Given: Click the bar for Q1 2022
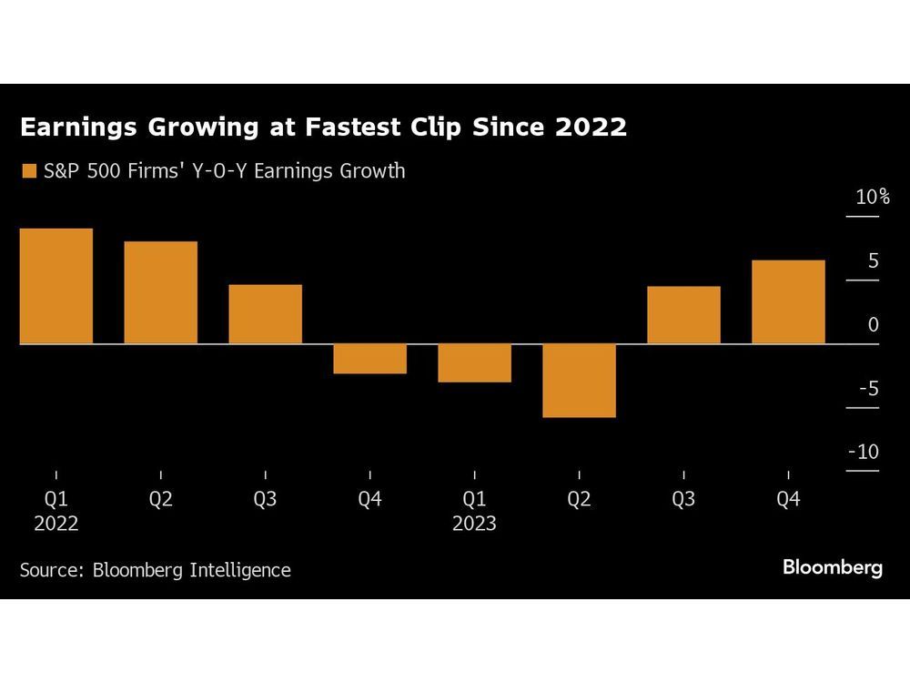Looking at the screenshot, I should pyautogui.click(x=56, y=286).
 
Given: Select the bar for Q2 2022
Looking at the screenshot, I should pyautogui.click(x=160, y=292).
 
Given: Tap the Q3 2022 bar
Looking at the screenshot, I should pyautogui.click(x=265, y=314).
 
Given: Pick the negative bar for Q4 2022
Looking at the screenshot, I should pyautogui.click(x=369, y=359).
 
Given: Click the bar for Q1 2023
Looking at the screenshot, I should pyautogui.click(x=474, y=363).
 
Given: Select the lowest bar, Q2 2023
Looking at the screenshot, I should pyautogui.click(x=579, y=381).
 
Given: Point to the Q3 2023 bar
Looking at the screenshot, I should pyautogui.click(x=683, y=315).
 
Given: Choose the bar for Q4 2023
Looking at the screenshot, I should pyautogui.click(x=788, y=302).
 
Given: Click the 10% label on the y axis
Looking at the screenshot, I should pyautogui.click(x=872, y=198).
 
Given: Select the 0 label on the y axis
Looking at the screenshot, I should pyautogui.click(x=874, y=325).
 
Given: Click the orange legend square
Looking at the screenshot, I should pyautogui.click(x=28, y=171).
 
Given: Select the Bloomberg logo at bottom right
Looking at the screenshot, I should pyautogui.click(x=833, y=568).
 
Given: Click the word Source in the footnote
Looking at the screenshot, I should pyautogui.click(x=50, y=570).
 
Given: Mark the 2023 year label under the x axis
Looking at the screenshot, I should pyautogui.click(x=474, y=524).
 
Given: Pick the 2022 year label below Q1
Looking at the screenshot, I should pyautogui.click(x=56, y=524).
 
